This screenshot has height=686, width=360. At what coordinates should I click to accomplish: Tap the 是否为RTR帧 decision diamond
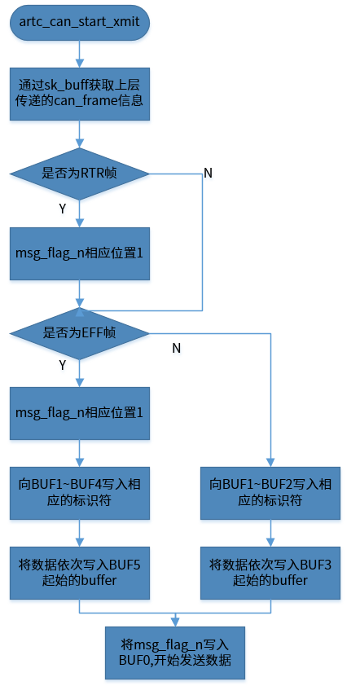79,174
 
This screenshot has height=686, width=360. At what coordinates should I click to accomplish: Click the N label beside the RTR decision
208,174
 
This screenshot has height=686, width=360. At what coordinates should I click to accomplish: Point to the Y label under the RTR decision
63,209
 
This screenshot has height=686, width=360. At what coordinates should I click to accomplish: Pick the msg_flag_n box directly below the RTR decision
79,253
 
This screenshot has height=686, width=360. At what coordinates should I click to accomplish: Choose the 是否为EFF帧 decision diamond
79,332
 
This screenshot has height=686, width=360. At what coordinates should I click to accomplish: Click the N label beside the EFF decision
176,348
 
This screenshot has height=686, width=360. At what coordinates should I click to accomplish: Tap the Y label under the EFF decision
63,365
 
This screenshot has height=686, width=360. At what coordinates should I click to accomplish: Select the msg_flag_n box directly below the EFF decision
79,413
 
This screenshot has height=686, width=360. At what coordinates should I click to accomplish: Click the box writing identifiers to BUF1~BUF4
79,492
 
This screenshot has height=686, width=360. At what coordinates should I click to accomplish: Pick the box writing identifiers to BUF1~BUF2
270,492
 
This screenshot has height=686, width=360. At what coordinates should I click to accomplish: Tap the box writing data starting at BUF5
79,572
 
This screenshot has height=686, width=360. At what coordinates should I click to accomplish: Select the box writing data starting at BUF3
270,572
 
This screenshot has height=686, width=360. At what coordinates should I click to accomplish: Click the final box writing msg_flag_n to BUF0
175,652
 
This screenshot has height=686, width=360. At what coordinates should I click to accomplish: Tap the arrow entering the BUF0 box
175,618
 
